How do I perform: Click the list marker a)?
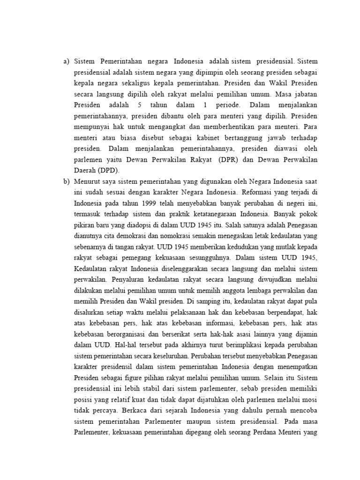66,61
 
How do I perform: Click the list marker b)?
66,181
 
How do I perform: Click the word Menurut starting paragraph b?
87,181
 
